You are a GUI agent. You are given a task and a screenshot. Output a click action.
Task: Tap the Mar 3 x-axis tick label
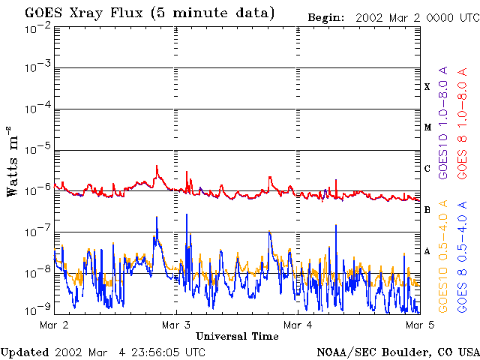176,325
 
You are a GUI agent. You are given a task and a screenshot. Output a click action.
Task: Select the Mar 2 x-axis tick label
53,325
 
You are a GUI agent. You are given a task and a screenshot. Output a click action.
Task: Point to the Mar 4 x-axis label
298,325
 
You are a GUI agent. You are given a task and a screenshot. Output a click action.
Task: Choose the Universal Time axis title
237,337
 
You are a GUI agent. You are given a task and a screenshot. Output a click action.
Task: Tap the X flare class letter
427,86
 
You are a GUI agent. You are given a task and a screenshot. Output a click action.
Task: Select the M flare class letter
427,127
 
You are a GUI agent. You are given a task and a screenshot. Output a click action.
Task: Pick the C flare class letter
427,169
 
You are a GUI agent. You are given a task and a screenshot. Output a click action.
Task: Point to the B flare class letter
427,210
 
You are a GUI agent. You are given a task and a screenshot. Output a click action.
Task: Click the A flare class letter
427,251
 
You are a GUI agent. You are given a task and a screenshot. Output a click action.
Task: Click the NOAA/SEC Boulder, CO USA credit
398,352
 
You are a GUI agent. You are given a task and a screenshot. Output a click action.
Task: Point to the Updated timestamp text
103,352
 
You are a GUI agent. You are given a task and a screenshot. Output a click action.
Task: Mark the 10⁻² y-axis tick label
37,28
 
